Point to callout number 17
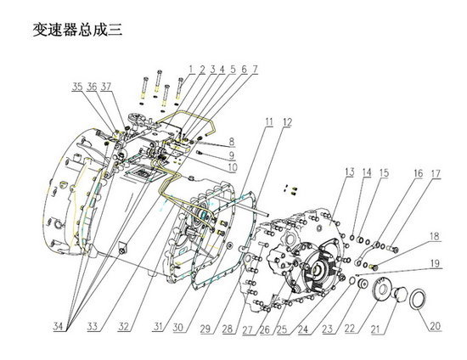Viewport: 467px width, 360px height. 435,175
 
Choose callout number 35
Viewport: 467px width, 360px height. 77,87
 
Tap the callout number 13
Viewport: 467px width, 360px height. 349,173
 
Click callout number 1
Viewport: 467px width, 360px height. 192,69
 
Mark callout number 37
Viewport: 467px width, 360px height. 105,87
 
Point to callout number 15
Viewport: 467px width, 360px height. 385,173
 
